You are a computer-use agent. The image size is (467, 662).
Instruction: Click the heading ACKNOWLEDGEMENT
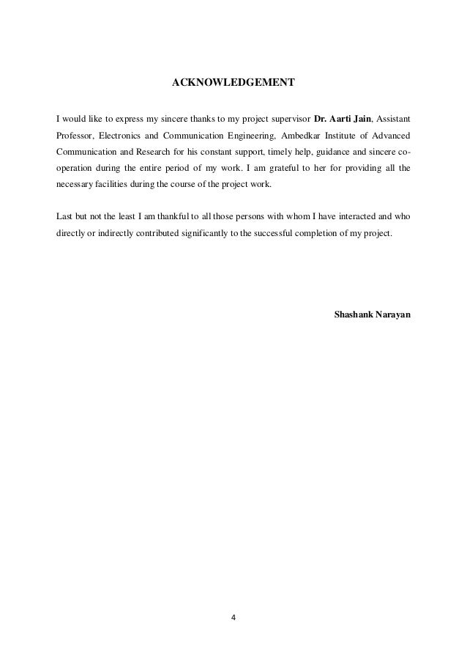coord(233,82)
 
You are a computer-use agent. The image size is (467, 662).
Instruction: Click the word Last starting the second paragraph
coord(64,217)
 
